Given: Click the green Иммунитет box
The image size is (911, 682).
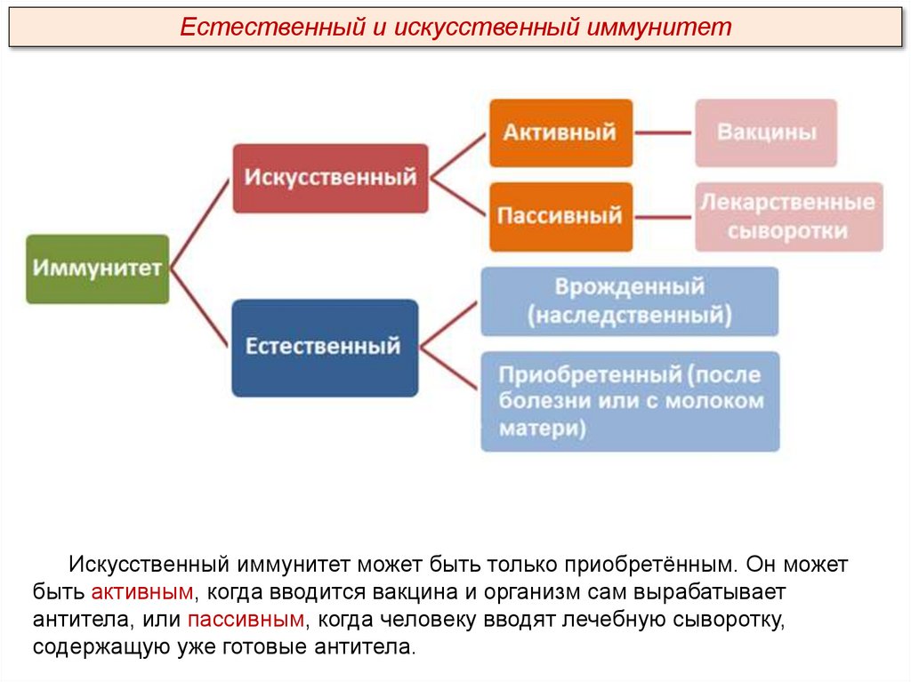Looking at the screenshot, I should (97, 269).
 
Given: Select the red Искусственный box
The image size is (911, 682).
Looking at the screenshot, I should (330, 178).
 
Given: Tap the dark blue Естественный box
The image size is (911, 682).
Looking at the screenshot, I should (325, 347).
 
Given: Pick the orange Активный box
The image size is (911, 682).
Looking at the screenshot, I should (560, 132).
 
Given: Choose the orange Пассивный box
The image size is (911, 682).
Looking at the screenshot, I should (560, 216).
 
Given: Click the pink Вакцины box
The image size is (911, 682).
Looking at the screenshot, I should (766, 132).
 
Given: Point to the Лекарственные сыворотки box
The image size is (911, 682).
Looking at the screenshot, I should (788, 217).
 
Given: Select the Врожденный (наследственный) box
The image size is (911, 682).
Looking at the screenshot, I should (630, 301).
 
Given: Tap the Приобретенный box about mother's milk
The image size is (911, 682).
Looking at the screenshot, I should (630, 401).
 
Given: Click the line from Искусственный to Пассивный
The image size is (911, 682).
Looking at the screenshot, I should (459, 197).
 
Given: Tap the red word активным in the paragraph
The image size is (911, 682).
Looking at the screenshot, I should (141, 591).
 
